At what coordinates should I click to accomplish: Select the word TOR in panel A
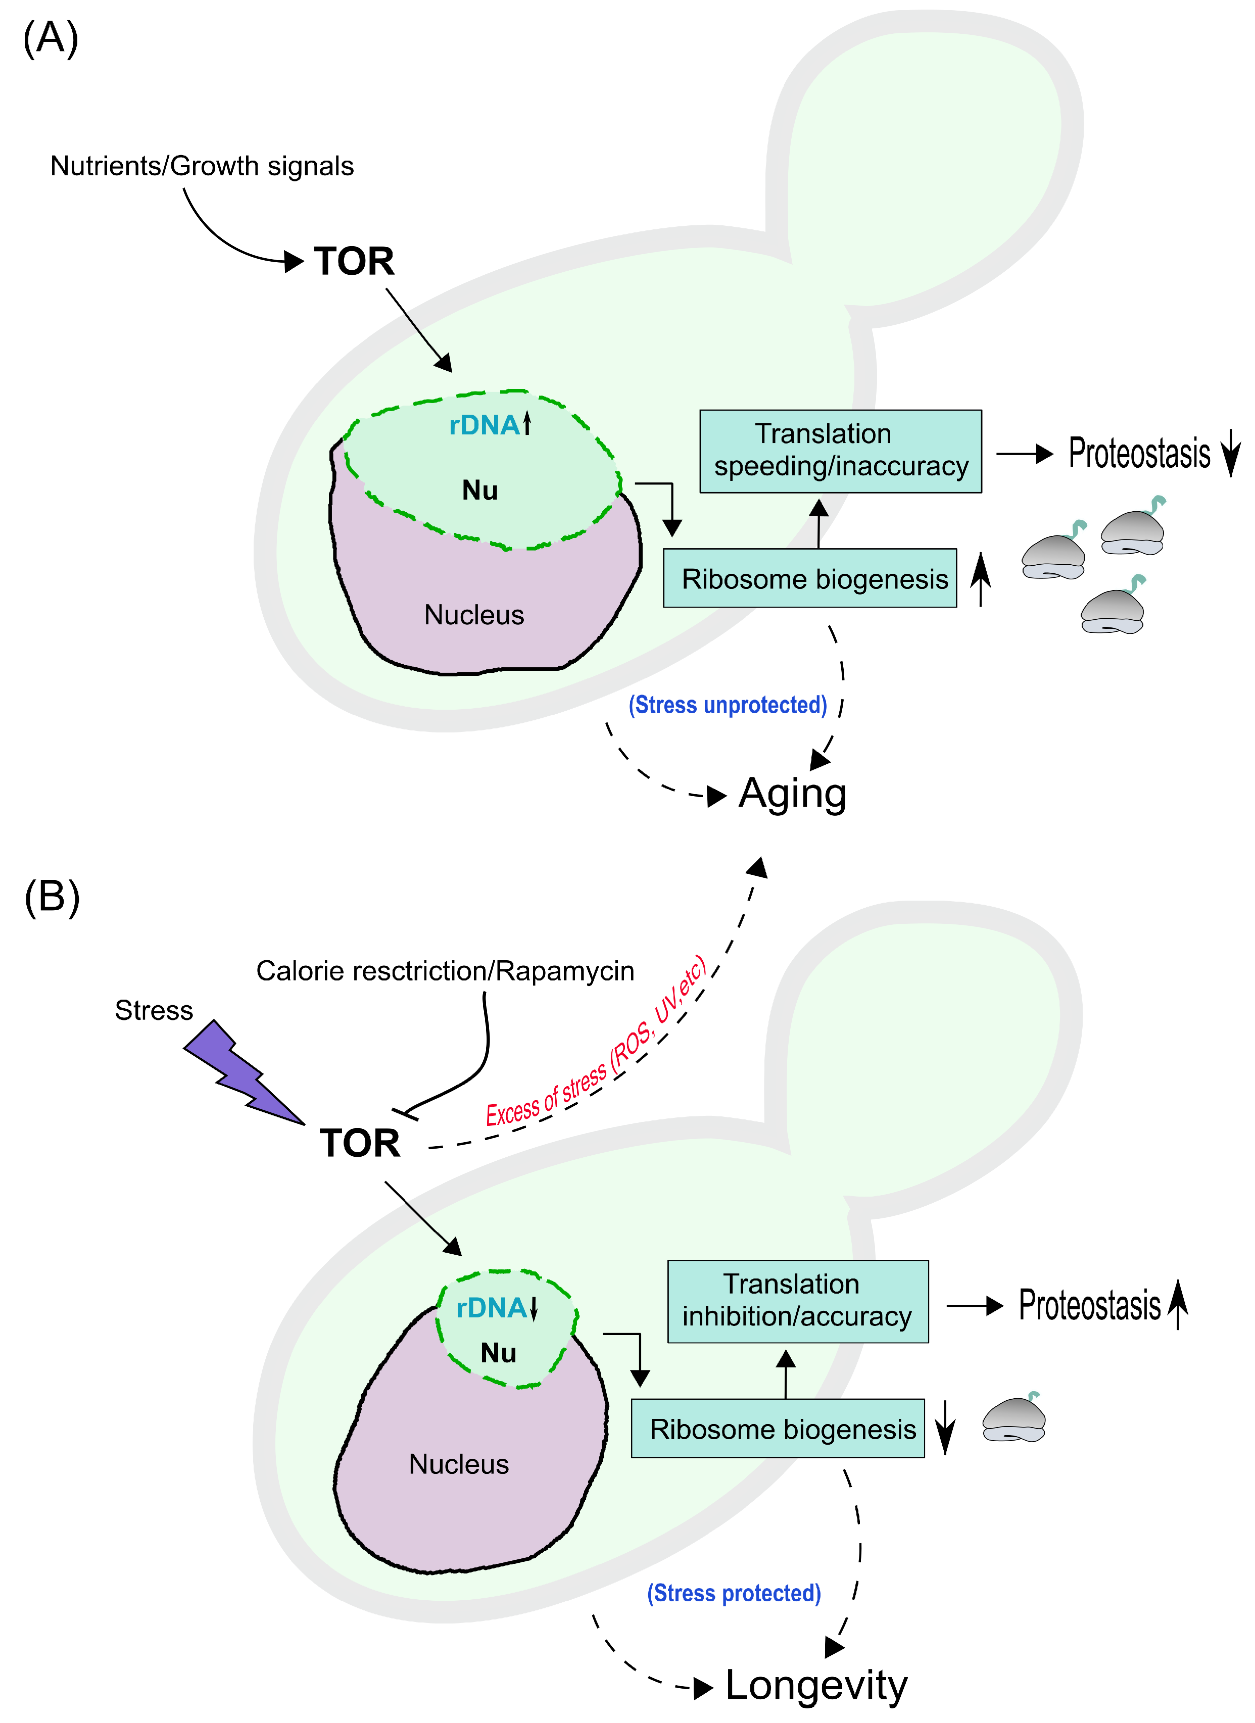(354, 261)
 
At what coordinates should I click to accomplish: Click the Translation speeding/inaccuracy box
(840, 451)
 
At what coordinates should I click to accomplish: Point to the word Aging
(792, 794)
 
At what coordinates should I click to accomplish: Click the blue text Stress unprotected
(727, 705)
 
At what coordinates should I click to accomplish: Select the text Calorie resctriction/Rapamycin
(445, 971)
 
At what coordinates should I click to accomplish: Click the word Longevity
(816, 1686)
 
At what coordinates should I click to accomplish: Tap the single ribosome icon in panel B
(1013, 1419)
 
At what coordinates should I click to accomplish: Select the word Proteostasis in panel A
(1139, 454)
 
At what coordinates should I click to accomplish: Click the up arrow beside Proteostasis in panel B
(1178, 1304)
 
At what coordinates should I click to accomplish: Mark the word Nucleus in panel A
(474, 615)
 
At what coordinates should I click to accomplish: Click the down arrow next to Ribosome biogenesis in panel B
(944, 1427)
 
